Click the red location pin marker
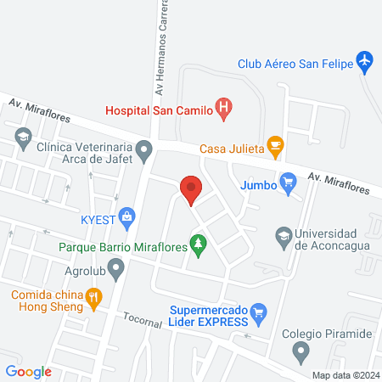pyautogui.click(x=191, y=188)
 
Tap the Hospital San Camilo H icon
pyautogui.click(x=224, y=108)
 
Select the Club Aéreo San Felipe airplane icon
pyautogui.click(x=364, y=61)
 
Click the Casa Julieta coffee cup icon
pyautogui.click(x=274, y=145)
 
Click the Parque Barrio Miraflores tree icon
pyautogui.click(x=199, y=246)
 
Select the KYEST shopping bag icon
pyautogui.click(x=126, y=216)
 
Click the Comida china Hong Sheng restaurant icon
pyautogui.click(x=93, y=297)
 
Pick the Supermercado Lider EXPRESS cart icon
pyautogui.click(x=260, y=313)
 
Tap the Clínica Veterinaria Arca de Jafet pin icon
pyautogui.click(x=145, y=152)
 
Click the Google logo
pyautogui.click(x=28, y=371)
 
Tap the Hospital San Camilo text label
pyautogui.click(x=159, y=109)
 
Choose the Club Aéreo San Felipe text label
pyautogui.click(x=292, y=61)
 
